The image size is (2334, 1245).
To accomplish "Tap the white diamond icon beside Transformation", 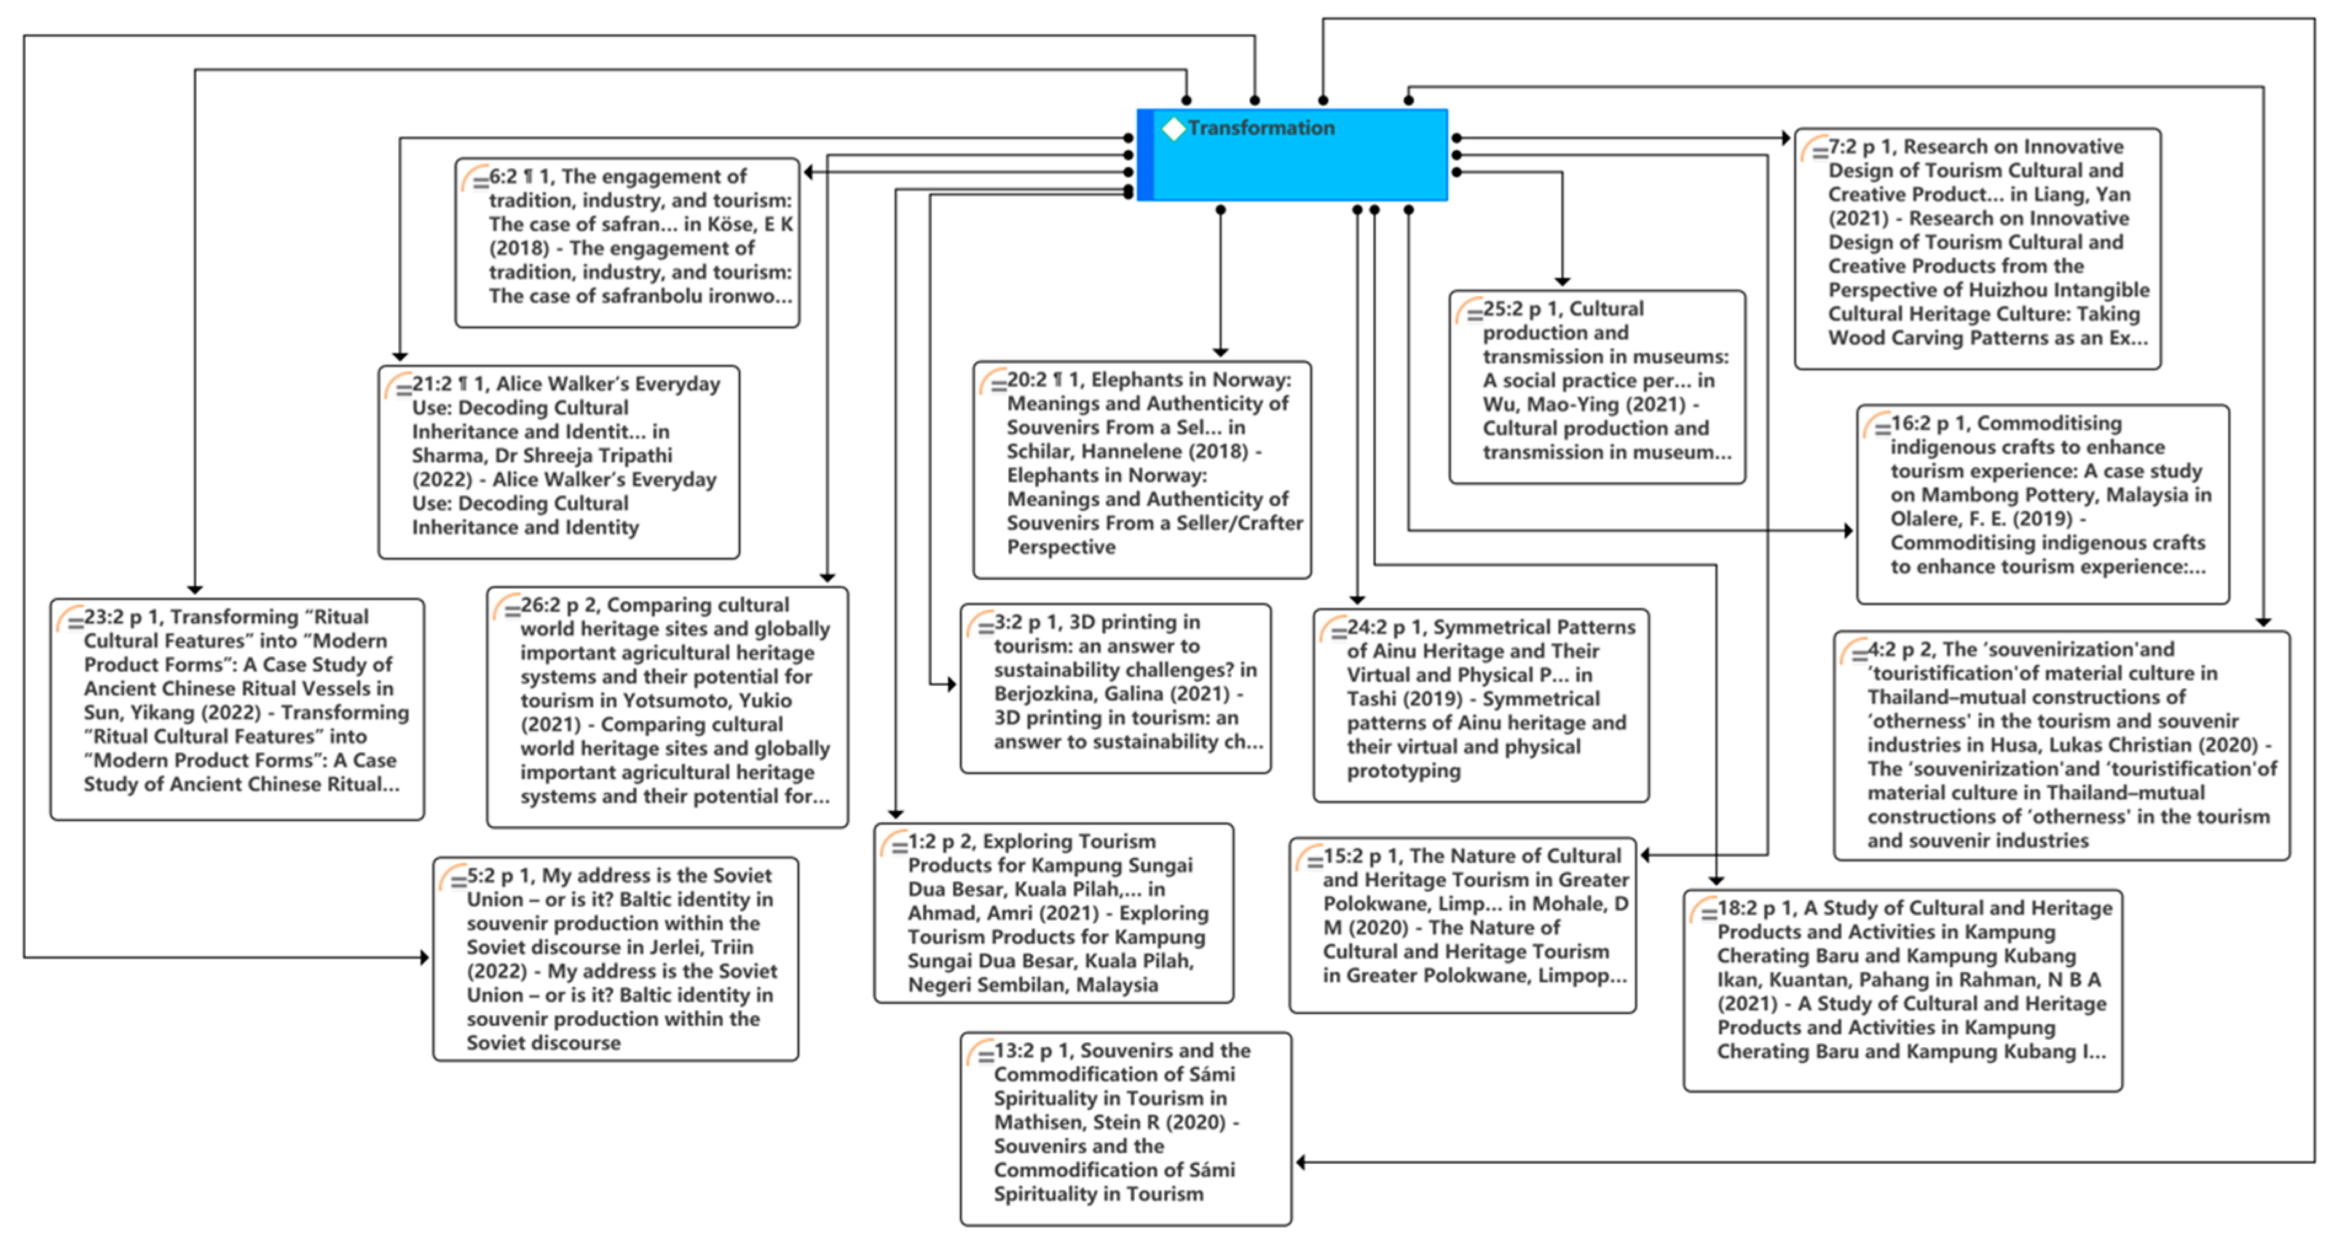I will [x=1173, y=128].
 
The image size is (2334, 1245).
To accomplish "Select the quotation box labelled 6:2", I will [x=627, y=242].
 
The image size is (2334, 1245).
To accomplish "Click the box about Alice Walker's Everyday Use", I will [x=559, y=461].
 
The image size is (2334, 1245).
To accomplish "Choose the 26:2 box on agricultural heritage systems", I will [x=668, y=707].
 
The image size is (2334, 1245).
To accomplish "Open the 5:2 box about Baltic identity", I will [x=616, y=959].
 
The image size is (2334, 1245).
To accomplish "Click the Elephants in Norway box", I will [x=1141, y=469].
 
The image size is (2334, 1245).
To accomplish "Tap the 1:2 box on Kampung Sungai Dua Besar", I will [x=1054, y=913].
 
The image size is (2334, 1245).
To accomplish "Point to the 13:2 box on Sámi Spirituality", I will [x=1126, y=1128].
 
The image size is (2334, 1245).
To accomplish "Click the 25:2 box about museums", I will [x=1598, y=387].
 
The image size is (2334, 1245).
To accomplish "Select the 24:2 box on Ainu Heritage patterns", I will [x=1481, y=705].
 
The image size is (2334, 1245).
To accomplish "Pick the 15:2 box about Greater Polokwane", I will [x=1462, y=924].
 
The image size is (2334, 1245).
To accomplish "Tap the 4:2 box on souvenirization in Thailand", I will [x=2061, y=745].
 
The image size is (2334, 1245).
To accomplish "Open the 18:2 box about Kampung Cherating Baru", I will [x=1902, y=989].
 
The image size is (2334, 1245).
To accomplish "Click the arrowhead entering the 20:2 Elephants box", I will [x=1220, y=353].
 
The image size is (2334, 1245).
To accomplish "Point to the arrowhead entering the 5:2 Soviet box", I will [x=424, y=957].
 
